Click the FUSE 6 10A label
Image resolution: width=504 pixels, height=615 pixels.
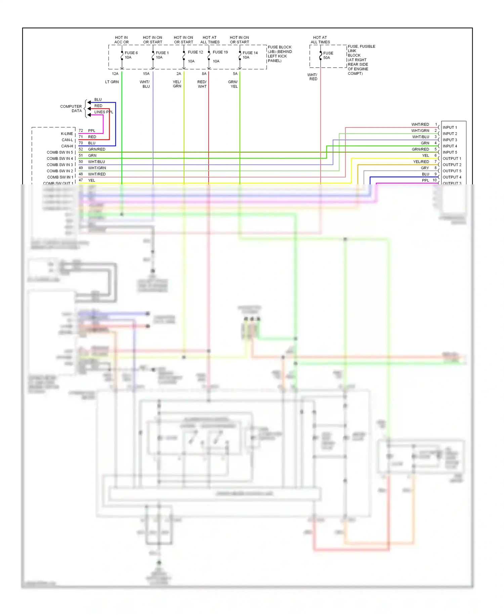click(x=131, y=55)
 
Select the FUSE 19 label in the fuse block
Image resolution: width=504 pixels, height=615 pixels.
click(x=220, y=52)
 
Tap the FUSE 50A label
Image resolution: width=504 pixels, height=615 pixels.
click(x=328, y=56)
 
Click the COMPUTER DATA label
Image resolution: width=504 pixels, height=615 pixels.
click(x=71, y=109)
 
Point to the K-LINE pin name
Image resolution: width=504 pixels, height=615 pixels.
click(x=67, y=134)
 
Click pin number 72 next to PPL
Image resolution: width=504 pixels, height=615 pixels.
click(x=81, y=131)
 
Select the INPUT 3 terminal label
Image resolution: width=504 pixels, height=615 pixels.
click(x=450, y=140)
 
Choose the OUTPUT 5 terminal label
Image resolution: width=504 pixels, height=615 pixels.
click(x=452, y=171)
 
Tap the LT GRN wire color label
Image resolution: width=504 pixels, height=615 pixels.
click(x=112, y=82)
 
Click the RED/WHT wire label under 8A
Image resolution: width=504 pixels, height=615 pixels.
click(x=202, y=84)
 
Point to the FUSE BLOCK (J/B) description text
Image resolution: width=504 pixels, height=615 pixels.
click(x=280, y=54)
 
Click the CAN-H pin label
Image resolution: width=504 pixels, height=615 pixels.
click(x=67, y=146)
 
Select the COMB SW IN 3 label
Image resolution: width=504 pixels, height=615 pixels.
click(x=60, y=165)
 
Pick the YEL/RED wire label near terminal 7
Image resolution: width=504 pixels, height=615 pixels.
click(x=421, y=162)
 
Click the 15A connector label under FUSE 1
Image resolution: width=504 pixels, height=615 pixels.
click(x=146, y=74)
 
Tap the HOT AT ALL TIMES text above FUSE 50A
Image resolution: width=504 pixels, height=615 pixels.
click(x=320, y=40)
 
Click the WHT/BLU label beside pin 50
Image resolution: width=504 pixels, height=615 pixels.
click(x=96, y=162)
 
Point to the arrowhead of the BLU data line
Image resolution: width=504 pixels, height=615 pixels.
click(x=89, y=102)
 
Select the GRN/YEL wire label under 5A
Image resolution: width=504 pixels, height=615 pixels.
click(x=233, y=84)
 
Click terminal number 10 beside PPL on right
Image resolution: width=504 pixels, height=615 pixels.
click(x=434, y=180)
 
